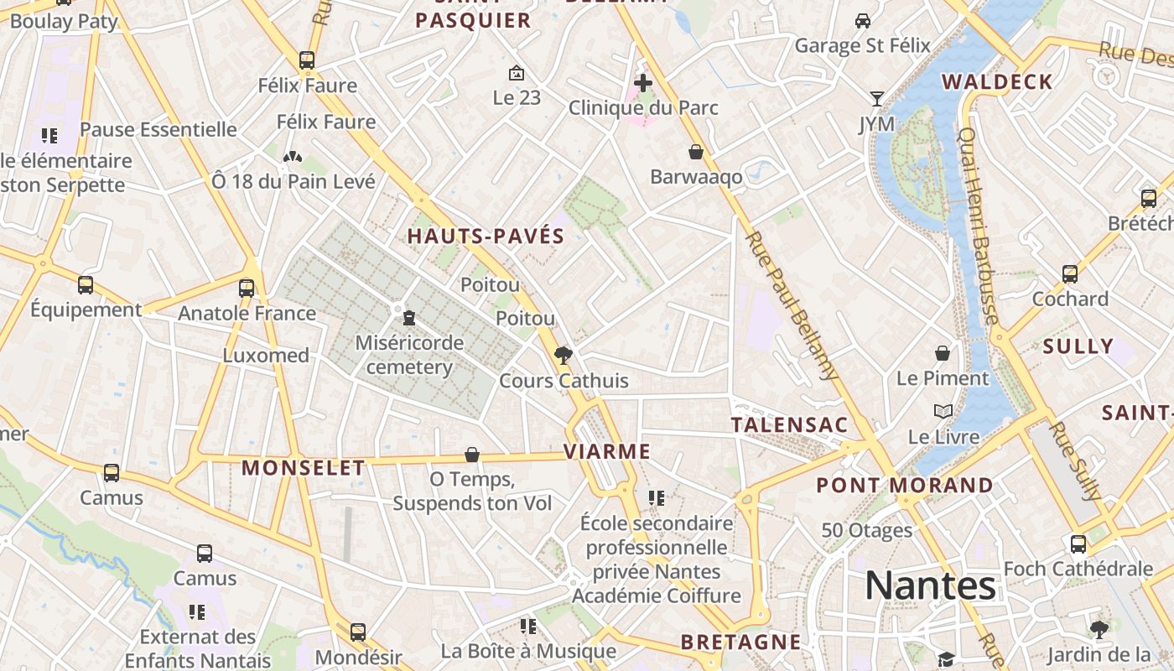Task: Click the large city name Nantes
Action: pyautogui.click(x=930, y=585)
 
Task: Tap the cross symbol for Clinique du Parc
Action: pyautogui.click(x=643, y=83)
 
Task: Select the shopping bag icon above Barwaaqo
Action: pyautogui.click(x=695, y=152)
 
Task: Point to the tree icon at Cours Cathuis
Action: pyautogui.click(x=564, y=356)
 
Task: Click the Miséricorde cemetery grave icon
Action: pyautogui.click(x=409, y=318)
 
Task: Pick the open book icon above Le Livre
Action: pyautogui.click(x=943, y=412)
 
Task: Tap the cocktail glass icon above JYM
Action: pyautogui.click(x=876, y=99)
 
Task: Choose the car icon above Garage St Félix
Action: pyautogui.click(x=862, y=20)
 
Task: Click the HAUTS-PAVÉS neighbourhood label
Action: pyautogui.click(x=486, y=237)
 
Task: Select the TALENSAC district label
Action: pyautogui.click(x=790, y=424)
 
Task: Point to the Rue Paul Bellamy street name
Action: pyautogui.click(x=791, y=305)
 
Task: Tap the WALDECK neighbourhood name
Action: pyautogui.click(x=997, y=81)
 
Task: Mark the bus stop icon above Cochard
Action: pyautogui.click(x=1070, y=274)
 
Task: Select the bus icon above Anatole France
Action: pyautogui.click(x=247, y=289)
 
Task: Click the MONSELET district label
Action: pyautogui.click(x=304, y=468)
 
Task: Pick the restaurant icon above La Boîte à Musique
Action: pyautogui.click(x=527, y=627)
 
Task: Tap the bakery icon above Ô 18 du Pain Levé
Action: pyautogui.click(x=292, y=157)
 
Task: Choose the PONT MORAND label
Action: pyautogui.click(x=904, y=485)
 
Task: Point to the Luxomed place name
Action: pyautogui.click(x=266, y=355)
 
